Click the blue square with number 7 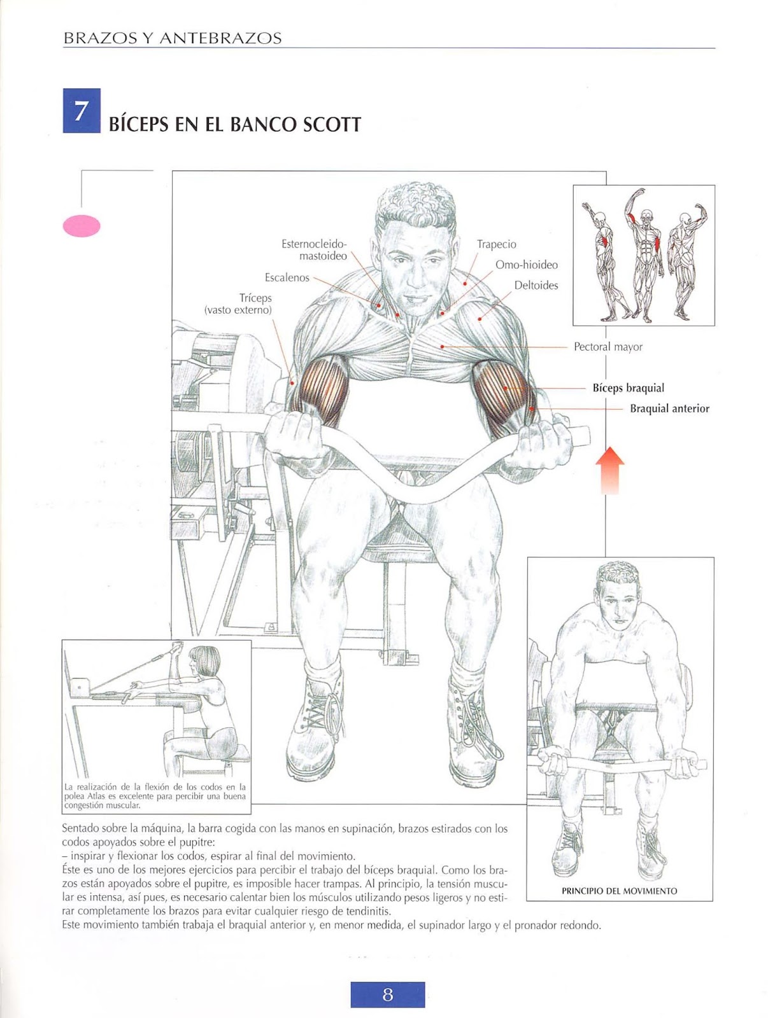(x=82, y=111)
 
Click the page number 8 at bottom (x=387, y=994)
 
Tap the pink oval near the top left (x=82, y=226)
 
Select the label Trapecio (x=496, y=244)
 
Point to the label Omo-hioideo (x=526, y=265)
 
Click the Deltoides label (x=536, y=286)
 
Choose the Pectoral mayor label (x=608, y=347)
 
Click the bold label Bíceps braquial (x=628, y=388)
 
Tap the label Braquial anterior (x=669, y=408)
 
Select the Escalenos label (x=287, y=278)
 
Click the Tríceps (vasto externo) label (x=239, y=304)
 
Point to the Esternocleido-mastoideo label (x=315, y=250)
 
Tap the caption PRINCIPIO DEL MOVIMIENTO (x=619, y=891)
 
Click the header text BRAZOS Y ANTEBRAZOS (x=173, y=39)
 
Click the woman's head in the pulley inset (x=207, y=662)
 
